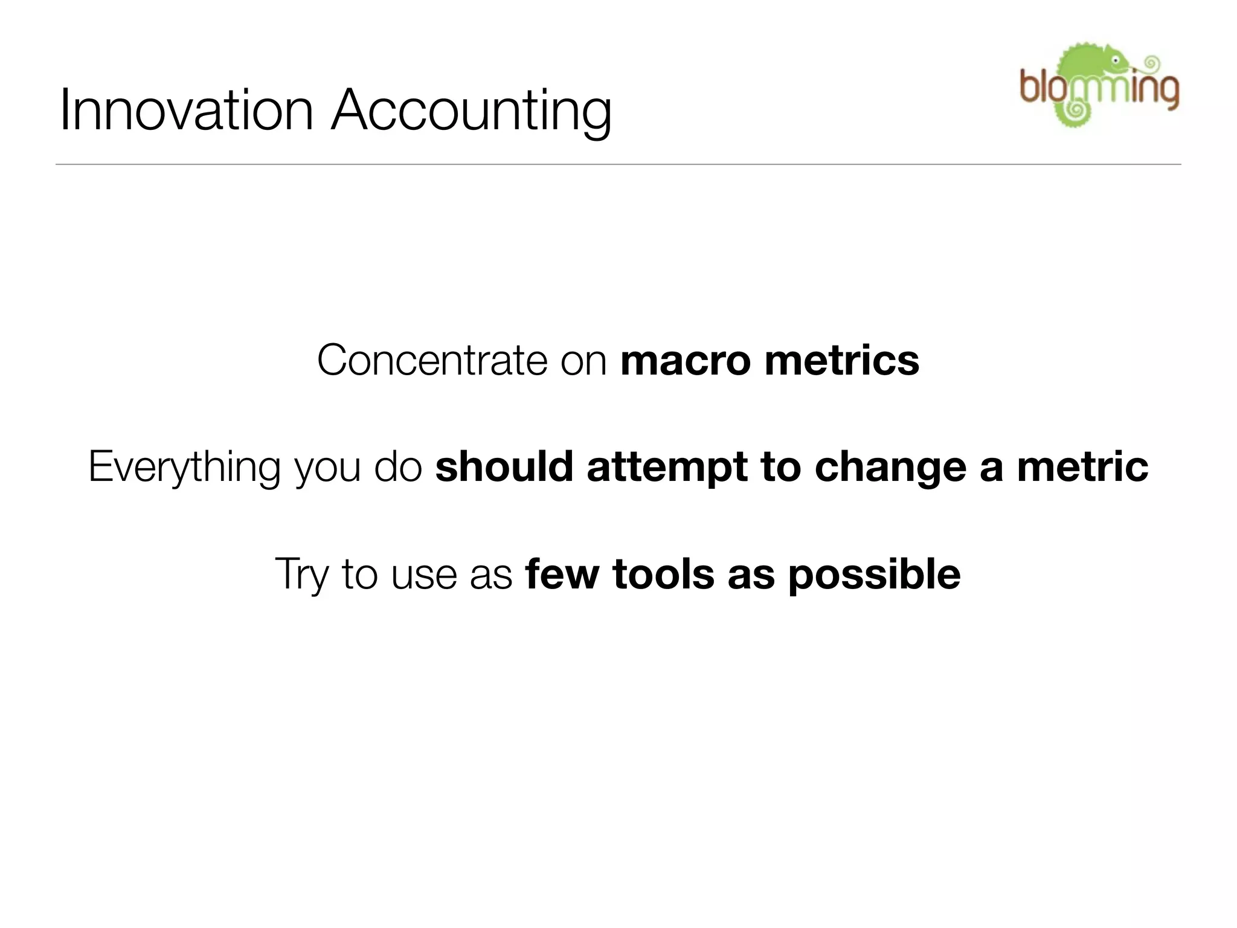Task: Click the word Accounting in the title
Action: (x=471, y=112)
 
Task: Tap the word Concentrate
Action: (x=431, y=361)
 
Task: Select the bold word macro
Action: (x=685, y=361)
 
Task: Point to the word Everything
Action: (x=184, y=468)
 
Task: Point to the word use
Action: (x=423, y=575)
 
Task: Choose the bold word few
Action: (x=562, y=575)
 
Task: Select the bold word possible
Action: (x=874, y=575)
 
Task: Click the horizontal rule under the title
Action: (x=618, y=164)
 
